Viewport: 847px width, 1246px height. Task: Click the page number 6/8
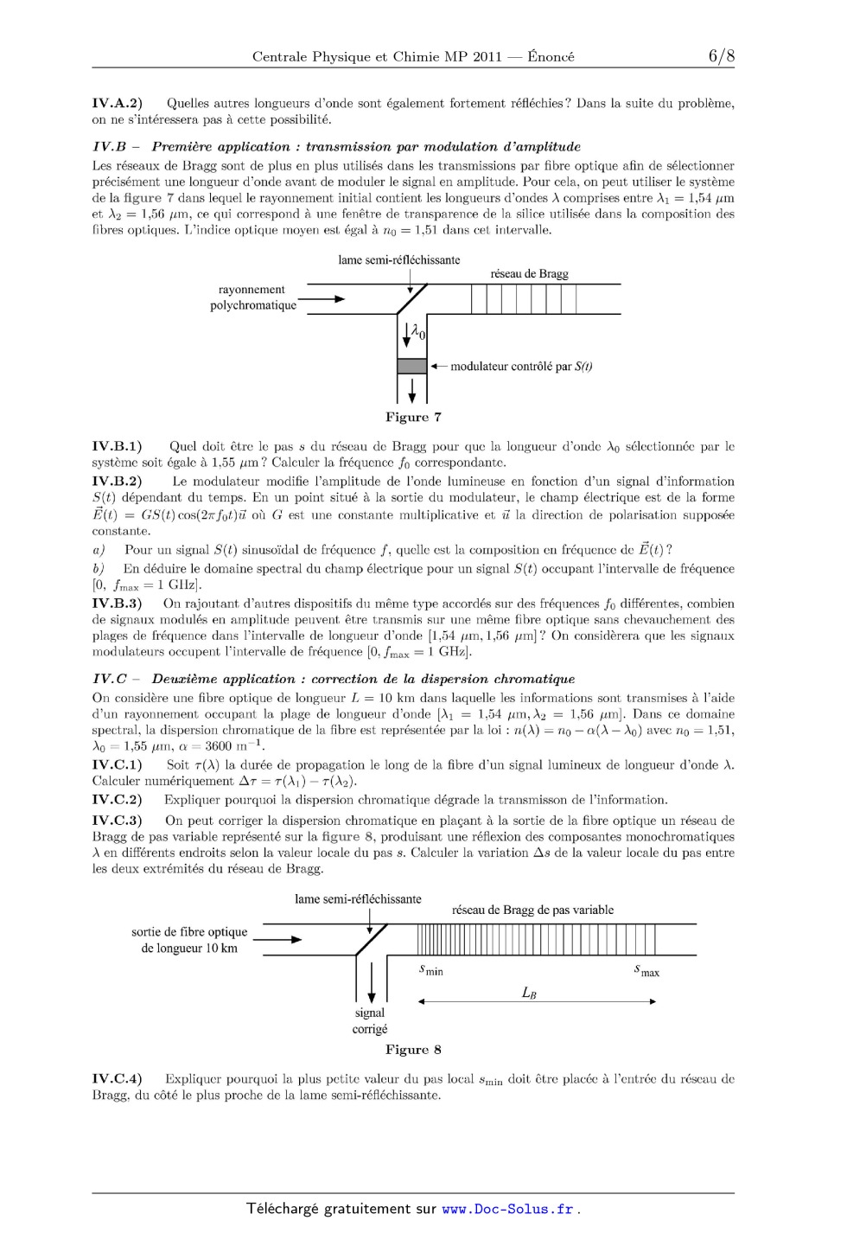721,56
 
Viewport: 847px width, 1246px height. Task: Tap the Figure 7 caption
413,418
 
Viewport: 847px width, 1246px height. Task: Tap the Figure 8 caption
413,1050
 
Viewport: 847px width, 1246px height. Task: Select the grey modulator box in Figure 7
411,366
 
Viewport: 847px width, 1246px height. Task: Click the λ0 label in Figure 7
418,330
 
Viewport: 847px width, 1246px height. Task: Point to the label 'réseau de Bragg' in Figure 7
529,274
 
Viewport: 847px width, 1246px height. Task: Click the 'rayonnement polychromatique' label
252,297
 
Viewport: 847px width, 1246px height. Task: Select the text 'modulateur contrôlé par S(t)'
520,367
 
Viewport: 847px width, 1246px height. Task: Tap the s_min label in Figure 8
430,970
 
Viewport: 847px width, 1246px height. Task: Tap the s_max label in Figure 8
646,971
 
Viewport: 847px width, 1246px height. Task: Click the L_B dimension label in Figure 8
530,993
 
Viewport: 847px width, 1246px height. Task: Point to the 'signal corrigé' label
370,1021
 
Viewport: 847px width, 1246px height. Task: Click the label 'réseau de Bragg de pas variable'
532,910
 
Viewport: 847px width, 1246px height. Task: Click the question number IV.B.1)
118,447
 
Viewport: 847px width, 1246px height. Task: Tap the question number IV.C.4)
118,1078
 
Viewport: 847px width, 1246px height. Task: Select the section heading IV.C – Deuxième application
333,679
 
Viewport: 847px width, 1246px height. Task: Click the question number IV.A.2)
118,104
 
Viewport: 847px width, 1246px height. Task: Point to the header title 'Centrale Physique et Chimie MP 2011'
376,57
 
